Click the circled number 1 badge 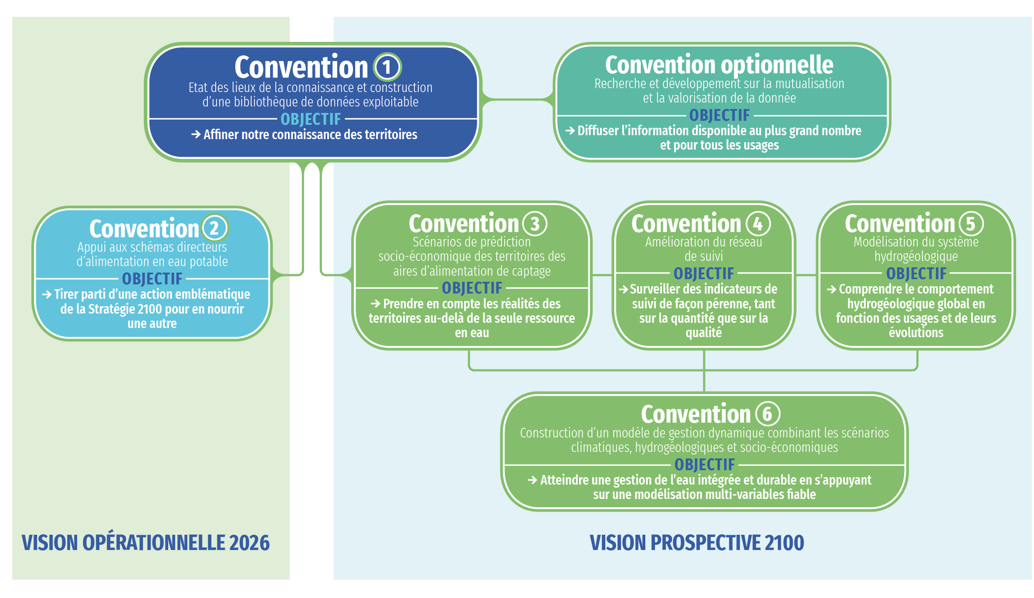coord(387,67)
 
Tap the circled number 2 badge coord(215,228)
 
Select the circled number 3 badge coord(535,224)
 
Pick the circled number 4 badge coord(758,224)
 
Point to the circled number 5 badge coord(971,224)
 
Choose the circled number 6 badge coord(767,414)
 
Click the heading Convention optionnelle coord(719,65)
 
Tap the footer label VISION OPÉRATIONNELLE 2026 coord(146,542)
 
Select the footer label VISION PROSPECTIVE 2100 coord(696,543)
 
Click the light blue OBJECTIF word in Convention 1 coord(311,119)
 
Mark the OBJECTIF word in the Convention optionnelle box coord(719,115)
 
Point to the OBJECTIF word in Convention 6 coord(705,465)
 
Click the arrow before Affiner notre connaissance coord(196,134)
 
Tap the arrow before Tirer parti coord(47,294)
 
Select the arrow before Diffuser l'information coord(570,130)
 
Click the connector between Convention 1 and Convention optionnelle coord(518,100)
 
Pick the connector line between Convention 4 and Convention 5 coord(806,275)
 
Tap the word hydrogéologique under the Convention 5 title coord(916,256)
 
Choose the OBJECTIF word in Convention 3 coord(472,288)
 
